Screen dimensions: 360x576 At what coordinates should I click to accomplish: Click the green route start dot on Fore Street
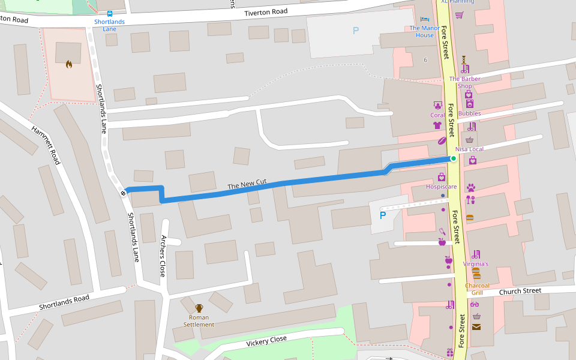454,158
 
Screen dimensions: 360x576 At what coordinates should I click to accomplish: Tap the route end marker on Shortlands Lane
122,193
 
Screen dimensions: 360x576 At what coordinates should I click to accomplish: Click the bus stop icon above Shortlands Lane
109,13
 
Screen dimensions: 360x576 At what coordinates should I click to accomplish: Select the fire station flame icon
69,64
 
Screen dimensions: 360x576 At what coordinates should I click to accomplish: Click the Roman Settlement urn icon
199,308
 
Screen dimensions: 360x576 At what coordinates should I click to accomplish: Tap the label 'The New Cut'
247,185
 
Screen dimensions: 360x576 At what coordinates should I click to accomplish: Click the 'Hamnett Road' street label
46,145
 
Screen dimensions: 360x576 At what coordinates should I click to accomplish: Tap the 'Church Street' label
520,292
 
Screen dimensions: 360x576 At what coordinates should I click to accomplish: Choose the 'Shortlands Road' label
64,302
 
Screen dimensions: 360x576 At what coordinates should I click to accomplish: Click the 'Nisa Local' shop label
469,149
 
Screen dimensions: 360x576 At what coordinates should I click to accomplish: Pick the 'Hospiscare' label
441,187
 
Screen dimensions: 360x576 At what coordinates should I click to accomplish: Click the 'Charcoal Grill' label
477,289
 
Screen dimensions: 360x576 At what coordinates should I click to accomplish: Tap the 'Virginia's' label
476,264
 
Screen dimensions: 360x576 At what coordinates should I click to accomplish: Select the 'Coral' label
437,115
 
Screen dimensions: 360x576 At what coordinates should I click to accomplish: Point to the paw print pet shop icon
470,187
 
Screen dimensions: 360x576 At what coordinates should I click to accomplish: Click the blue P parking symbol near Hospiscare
382,214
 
